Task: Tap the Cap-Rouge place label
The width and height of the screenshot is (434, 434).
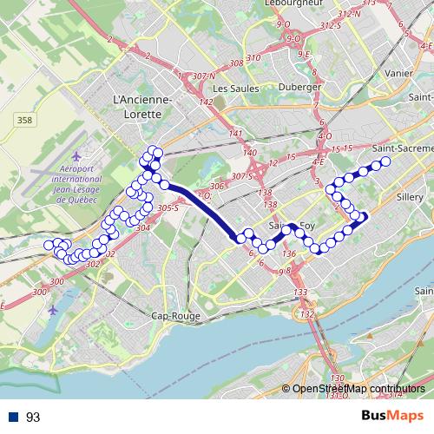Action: tap(170, 316)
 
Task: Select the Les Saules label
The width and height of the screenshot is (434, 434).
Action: tap(232, 89)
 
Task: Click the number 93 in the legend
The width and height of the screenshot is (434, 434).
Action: tap(33, 418)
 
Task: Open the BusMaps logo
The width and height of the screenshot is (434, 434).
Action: tap(391, 417)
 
